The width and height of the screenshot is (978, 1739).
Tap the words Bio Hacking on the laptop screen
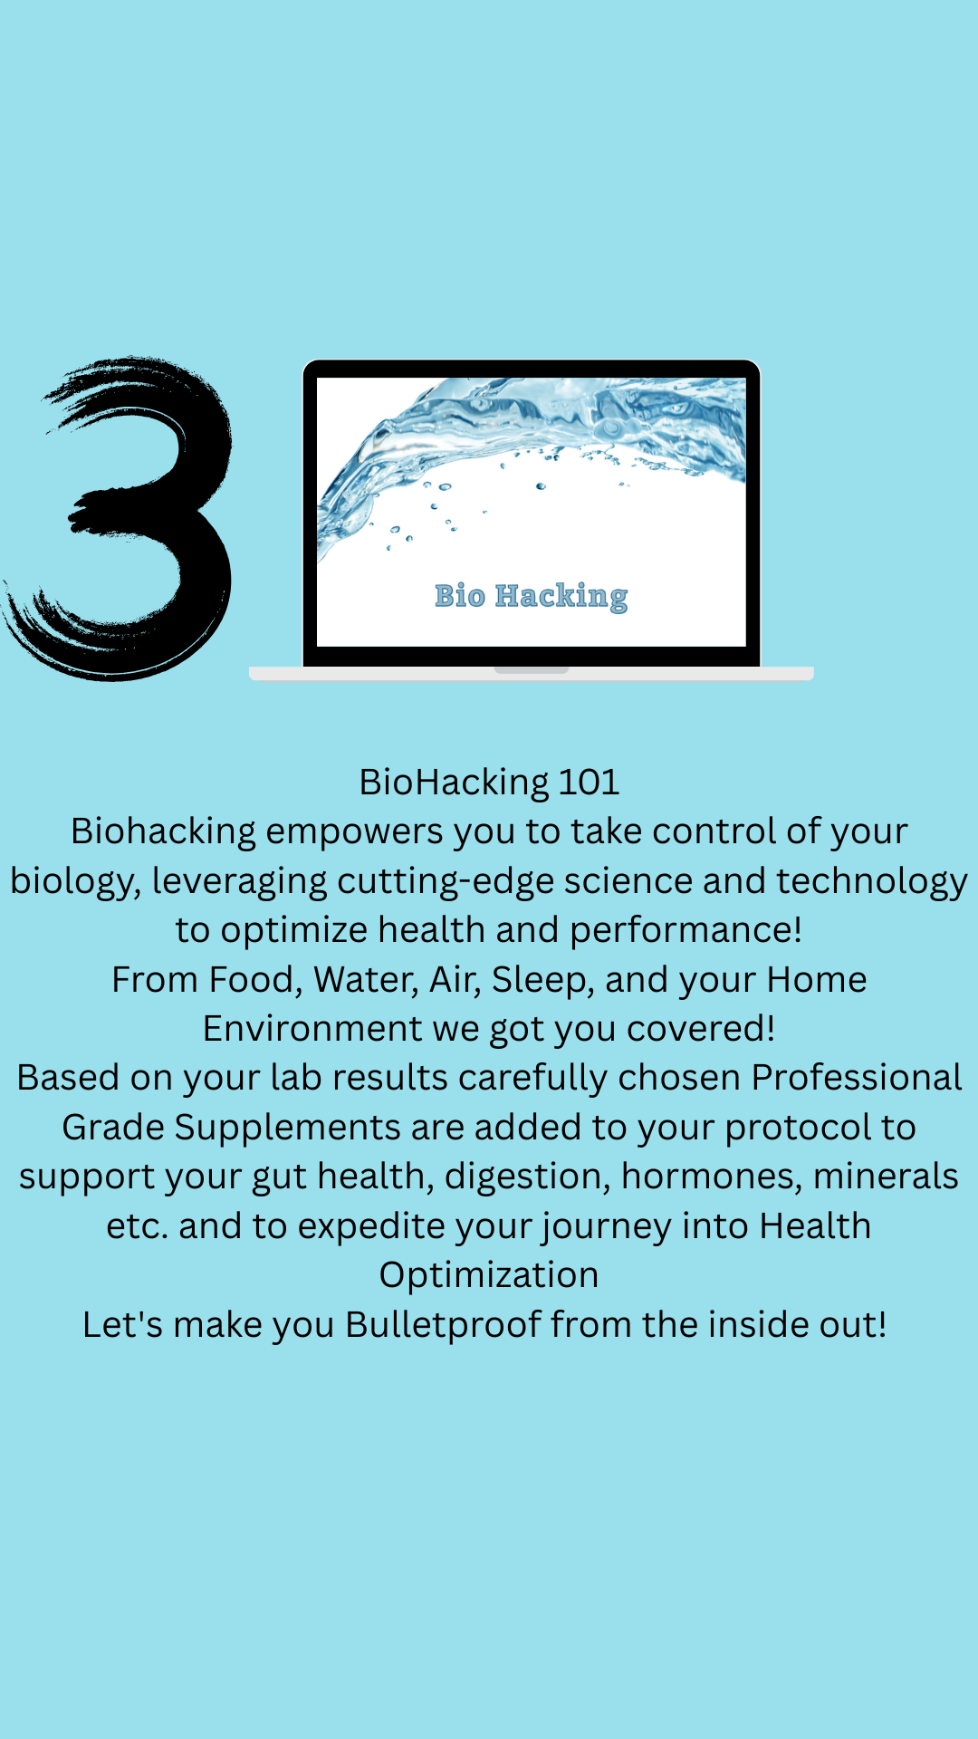click(x=532, y=596)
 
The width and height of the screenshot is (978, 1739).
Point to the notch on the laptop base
click(x=532, y=670)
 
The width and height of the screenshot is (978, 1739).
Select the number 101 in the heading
click(x=590, y=782)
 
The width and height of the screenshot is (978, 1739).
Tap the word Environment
click(x=313, y=1029)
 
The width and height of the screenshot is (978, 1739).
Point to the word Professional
click(x=857, y=1078)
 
